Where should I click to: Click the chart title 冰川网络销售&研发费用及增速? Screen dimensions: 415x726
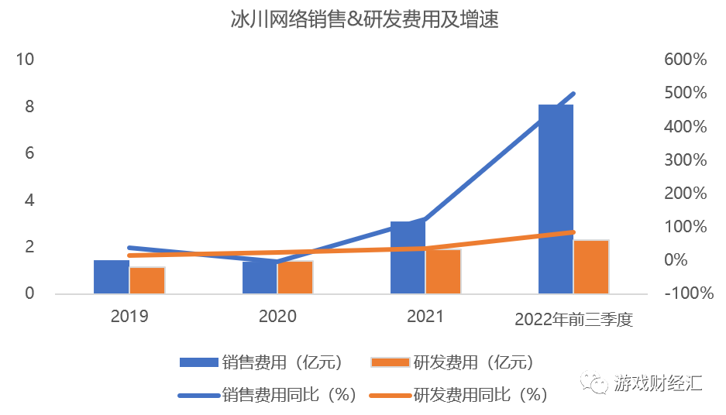click(363, 21)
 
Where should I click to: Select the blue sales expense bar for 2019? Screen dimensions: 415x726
click(112, 277)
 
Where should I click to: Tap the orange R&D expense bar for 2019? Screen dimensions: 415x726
click(147, 280)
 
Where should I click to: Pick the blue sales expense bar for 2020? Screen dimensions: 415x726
click(260, 278)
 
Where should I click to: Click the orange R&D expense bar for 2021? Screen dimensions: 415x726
click(443, 272)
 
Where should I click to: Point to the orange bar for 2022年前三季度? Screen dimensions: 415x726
click(591, 267)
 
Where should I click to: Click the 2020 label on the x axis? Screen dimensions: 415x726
click(277, 317)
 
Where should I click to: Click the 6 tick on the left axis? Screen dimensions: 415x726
click(29, 153)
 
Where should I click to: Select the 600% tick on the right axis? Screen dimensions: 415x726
click(686, 60)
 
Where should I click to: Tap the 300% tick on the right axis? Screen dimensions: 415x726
click(686, 160)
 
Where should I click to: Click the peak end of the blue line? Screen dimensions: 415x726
click(573, 94)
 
